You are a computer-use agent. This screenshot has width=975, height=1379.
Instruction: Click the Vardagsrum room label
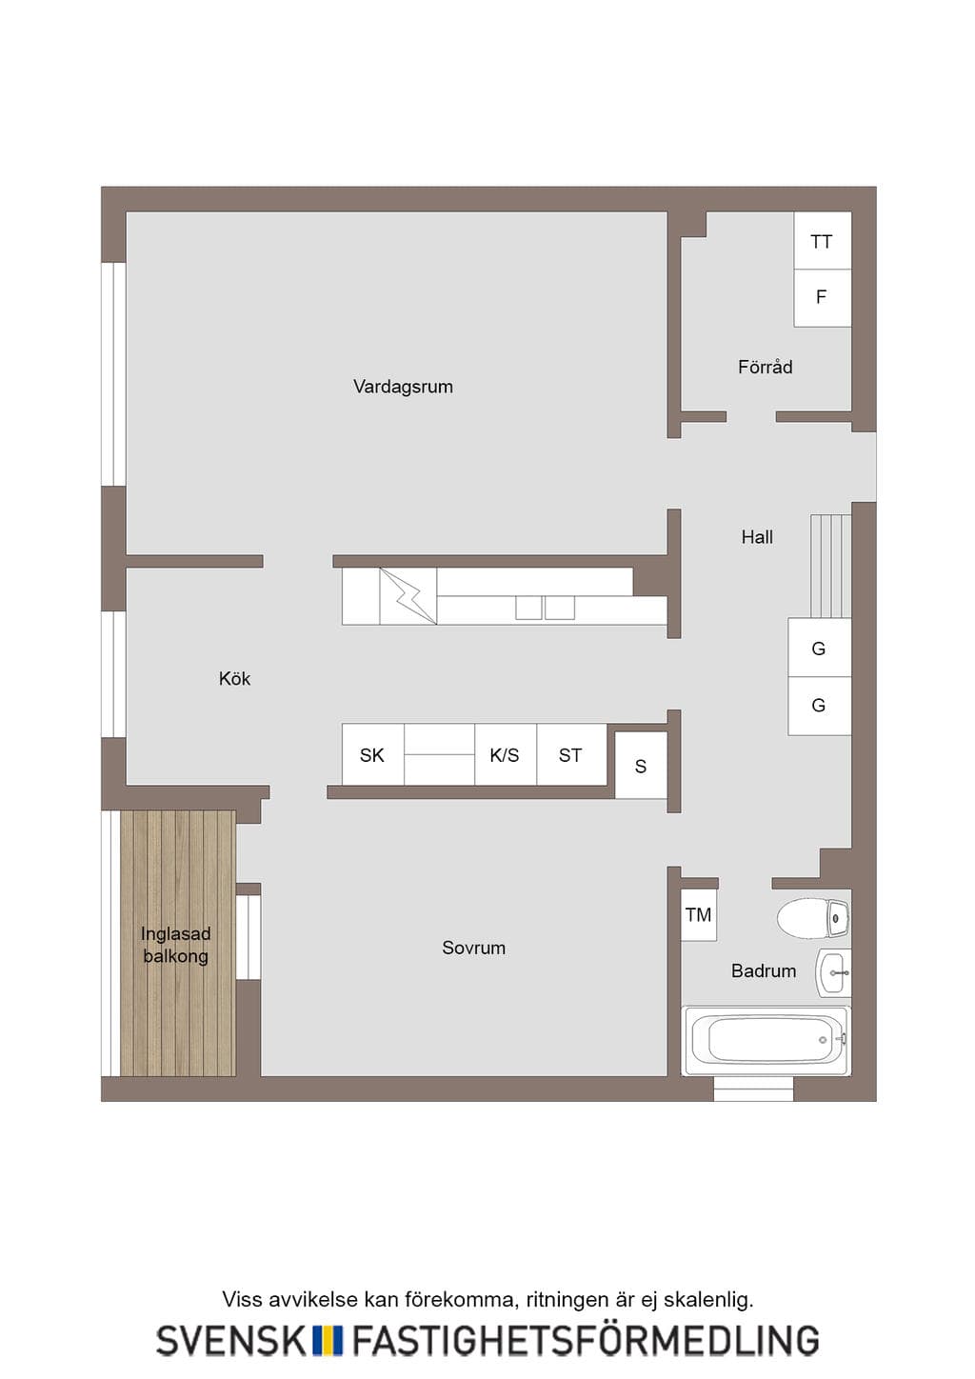(403, 387)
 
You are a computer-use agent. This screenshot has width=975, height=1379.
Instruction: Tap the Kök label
(234, 678)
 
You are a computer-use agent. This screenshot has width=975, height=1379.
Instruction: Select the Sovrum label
(473, 948)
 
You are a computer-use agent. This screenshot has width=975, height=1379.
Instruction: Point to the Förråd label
(766, 367)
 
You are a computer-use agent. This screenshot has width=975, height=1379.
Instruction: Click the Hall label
(757, 537)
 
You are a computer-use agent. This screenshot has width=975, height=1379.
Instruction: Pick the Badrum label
(764, 970)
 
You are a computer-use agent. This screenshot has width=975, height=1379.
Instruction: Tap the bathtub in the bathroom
(766, 1040)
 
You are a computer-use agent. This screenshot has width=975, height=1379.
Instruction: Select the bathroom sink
(833, 972)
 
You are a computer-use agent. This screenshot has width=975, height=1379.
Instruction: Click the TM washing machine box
(699, 915)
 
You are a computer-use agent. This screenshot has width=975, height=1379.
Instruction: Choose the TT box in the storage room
(823, 241)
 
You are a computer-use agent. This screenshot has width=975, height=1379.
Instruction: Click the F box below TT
(823, 298)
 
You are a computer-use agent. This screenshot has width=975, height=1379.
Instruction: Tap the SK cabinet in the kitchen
(372, 755)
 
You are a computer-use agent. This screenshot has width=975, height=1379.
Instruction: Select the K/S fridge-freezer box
(505, 755)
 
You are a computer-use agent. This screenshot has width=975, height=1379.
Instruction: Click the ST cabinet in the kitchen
(571, 755)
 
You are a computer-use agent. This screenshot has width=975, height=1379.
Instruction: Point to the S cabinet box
(641, 766)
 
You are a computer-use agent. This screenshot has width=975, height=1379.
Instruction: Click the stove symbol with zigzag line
(408, 596)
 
